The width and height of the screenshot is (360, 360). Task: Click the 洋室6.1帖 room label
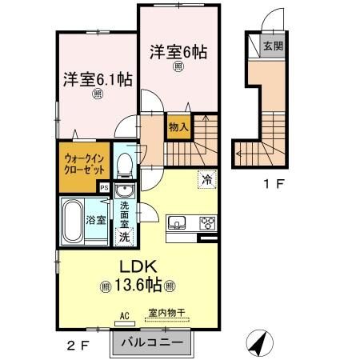(x=98, y=79)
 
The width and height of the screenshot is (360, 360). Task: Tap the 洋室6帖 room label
(x=178, y=52)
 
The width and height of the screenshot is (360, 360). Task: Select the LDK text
(x=138, y=266)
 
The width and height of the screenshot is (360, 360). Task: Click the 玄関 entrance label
(x=273, y=46)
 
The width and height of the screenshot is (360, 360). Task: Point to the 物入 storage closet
(x=179, y=127)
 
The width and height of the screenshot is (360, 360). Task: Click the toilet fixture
(x=125, y=166)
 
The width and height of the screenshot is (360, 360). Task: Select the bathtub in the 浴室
(x=73, y=221)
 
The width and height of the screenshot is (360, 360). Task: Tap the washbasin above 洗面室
(x=125, y=190)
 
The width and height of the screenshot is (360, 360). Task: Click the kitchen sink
(x=177, y=222)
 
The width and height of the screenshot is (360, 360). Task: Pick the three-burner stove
(x=208, y=222)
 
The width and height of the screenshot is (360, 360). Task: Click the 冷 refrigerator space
(x=207, y=180)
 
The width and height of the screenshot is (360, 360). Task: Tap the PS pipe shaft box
(x=104, y=187)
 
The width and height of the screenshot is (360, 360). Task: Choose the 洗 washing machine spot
(x=125, y=237)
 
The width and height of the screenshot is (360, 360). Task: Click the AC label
(x=125, y=316)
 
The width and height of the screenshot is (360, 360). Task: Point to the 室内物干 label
(x=166, y=313)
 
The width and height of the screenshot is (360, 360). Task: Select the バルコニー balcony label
(x=152, y=342)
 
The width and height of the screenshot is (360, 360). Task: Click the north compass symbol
(x=260, y=343)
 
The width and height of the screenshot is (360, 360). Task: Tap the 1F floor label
(x=274, y=183)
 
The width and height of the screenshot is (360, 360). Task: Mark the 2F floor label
(x=78, y=346)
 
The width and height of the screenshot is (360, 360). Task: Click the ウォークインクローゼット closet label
(x=84, y=165)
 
